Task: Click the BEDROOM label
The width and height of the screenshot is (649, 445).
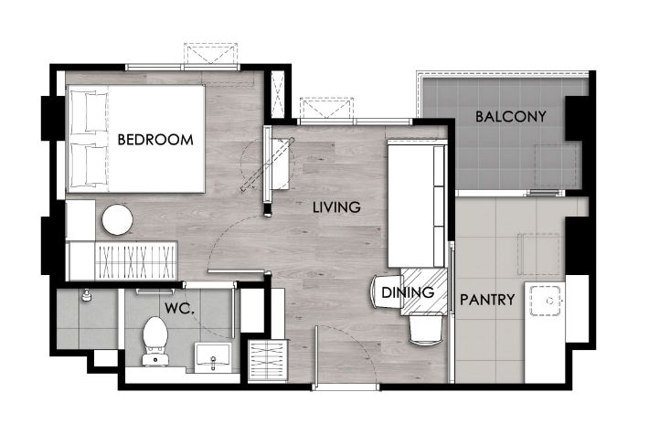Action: click(155, 140)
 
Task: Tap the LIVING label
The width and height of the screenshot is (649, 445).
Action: click(336, 207)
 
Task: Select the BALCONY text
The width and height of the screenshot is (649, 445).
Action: click(510, 117)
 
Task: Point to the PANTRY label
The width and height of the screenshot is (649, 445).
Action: click(487, 299)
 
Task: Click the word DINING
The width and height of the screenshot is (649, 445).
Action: click(408, 292)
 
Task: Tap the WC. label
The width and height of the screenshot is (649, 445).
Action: click(180, 308)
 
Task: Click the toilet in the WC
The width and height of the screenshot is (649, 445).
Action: click(155, 341)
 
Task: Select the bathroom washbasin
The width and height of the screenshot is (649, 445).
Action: click(213, 355)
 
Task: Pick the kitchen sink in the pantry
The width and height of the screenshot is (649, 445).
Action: click(546, 300)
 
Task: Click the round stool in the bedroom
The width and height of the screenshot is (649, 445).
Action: click(118, 219)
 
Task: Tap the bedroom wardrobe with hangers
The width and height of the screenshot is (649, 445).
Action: click(136, 261)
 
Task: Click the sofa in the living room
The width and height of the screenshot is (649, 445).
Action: click(417, 204)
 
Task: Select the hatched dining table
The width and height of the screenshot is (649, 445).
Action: click(424, 291)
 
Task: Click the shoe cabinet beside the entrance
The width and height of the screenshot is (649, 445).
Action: click(268, 360)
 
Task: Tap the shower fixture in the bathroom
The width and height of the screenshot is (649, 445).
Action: click(87, 295)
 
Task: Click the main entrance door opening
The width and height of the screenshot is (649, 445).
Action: click(346, 387)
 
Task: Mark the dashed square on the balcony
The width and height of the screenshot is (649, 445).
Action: click(556, 165)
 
